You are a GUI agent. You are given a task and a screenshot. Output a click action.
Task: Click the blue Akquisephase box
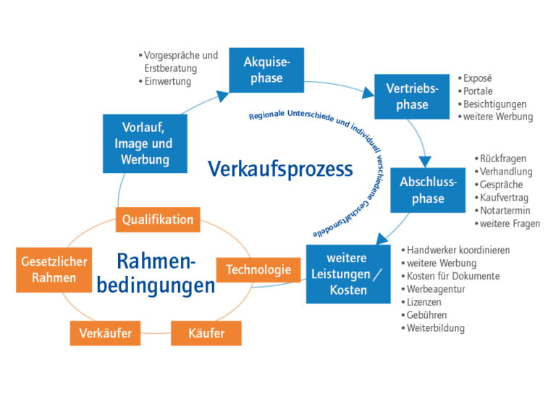[266, 70]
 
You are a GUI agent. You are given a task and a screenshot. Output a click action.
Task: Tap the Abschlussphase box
[428, 190]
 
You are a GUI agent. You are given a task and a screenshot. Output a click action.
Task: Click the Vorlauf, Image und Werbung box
[142, 143]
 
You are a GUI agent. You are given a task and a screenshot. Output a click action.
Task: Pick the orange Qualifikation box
[158, 219]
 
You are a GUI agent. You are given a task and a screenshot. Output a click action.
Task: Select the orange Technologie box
[258, 270]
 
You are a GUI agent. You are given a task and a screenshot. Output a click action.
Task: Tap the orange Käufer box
[206, 333]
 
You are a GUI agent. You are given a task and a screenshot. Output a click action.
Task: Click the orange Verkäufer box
[106, 333]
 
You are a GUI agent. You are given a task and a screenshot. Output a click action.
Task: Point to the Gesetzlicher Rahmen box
[54, 269]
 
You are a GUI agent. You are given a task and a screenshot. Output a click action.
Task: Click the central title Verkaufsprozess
[281, 169]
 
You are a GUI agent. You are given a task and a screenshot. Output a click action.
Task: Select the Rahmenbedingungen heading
[156, 273]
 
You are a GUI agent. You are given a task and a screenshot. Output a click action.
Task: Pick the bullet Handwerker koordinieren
[458, 250]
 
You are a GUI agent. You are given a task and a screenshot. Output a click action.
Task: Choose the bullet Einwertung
[167, 82]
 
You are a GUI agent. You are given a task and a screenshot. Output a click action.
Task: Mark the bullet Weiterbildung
[436, 328]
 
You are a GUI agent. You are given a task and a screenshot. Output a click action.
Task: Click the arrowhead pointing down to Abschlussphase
[426, 161]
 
